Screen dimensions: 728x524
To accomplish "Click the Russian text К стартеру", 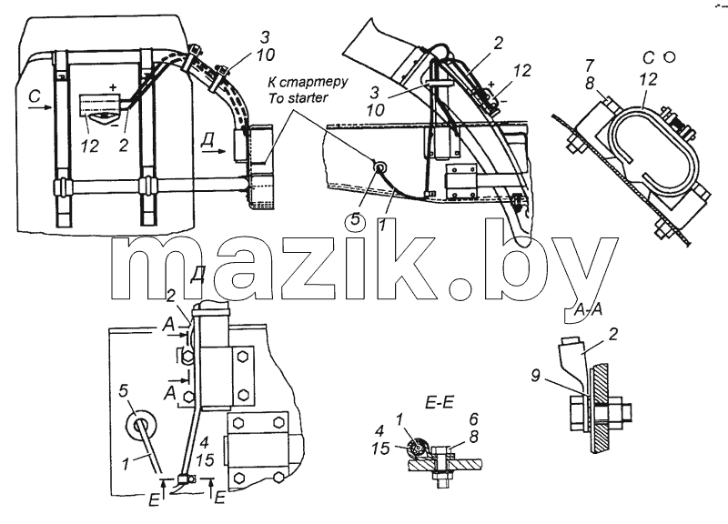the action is pos(308,83).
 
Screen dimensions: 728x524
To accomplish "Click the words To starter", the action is pos(298,97).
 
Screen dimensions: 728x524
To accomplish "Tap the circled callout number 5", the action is pos(355,219).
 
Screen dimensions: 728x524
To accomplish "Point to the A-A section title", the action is pos(587,310).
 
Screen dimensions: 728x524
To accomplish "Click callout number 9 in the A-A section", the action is pos(536,375).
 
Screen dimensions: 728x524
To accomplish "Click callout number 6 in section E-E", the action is pos(473,419).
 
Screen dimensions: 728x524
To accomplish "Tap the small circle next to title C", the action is pos(669,57).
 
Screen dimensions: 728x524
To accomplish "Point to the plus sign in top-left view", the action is pos(113,87).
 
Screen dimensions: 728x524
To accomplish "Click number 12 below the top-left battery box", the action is pos(90,146).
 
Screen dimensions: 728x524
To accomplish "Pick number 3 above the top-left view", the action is pos(265,37).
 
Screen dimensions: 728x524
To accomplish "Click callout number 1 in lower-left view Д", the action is pos(126,464).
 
